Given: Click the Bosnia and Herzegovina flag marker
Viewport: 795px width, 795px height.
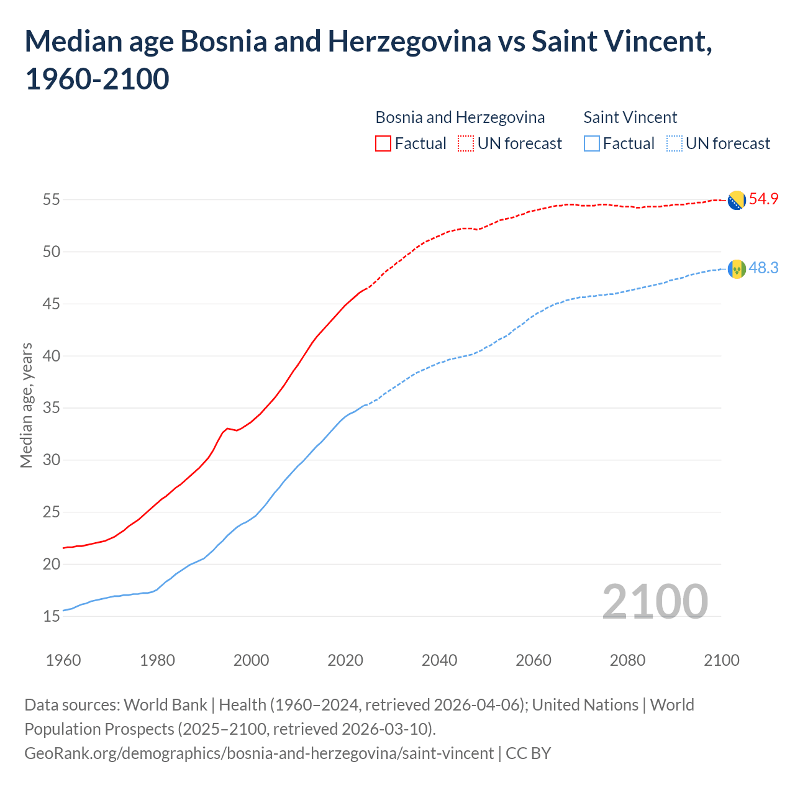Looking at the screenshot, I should [x=737, y=200].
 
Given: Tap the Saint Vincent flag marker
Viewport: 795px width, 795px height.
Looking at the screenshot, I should [x=737, y=269].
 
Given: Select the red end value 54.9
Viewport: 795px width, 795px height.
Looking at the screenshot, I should [x=763, y=199].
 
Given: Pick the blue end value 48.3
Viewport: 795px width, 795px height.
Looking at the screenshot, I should [x=763, y=268].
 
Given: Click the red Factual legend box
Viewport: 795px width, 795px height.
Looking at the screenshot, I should [x=383, y=143].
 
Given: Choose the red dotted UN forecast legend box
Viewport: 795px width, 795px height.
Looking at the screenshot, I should [x=466, y=143].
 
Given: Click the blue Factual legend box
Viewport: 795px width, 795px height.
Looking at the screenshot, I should [x=592, y=143].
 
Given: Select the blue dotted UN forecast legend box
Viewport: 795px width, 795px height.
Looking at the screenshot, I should [x=674, y=143].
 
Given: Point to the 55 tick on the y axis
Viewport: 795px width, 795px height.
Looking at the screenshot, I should [x=52, y=200].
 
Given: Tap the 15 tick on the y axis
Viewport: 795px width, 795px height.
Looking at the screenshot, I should [x=52, y=617].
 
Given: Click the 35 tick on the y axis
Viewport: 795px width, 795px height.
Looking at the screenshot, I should [x=52, y=409].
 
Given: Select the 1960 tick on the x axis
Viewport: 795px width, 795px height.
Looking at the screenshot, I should [x=63, y=660].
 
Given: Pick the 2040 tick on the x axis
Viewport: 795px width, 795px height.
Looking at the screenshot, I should [x=440, y=660].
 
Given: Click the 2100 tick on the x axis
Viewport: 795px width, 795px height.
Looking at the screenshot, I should [x=722, y=660].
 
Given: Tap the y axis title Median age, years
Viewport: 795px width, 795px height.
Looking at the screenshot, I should [x=26, y=405].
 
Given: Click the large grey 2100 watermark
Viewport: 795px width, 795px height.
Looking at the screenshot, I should [x=655, y=601].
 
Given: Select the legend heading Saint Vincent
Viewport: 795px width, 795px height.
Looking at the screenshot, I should [x=630, y=117].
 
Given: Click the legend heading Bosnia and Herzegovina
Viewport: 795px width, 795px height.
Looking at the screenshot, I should [x=460, y=117].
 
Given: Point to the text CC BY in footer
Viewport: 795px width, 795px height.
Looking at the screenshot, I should [x=528, y=753].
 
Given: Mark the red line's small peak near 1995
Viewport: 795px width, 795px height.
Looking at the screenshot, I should [x=227, y=428].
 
